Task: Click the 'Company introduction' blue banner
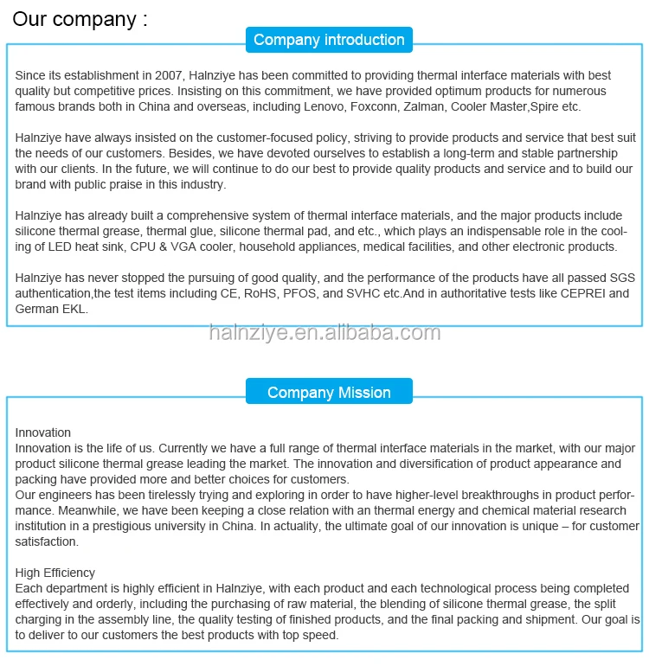(x=329, y=40)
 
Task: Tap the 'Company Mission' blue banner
(x=329, y=393)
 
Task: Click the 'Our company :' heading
(x=80, y=18)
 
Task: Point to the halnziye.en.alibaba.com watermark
(x=324, y=333)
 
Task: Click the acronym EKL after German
(x=74, y=309)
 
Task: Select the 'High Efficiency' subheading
(x=55, y=573)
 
